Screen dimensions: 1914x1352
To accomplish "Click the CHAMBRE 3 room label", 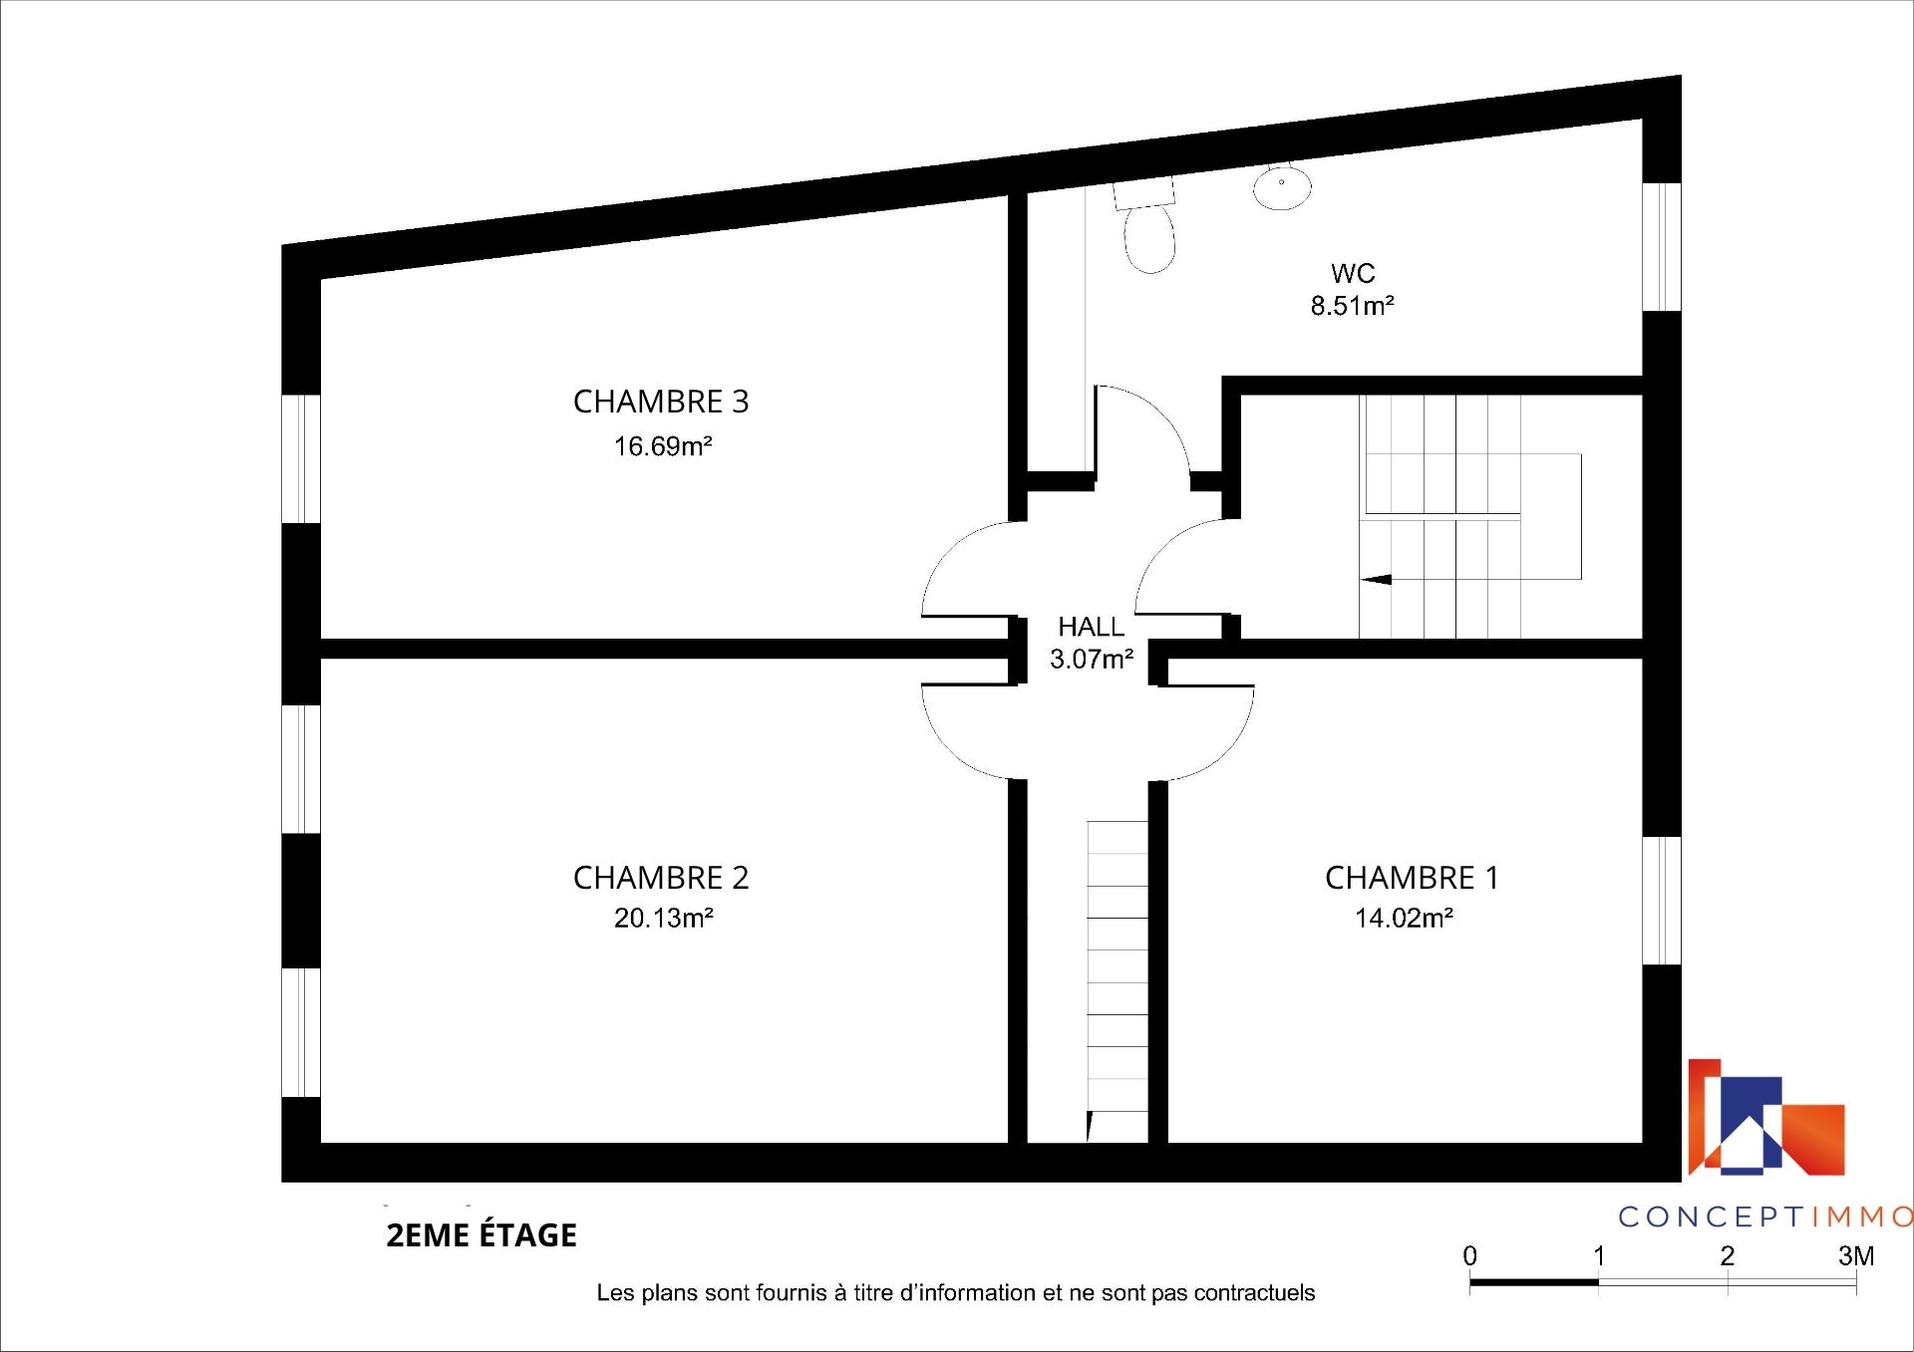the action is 661,402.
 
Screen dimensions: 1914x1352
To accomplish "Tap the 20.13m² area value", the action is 663,918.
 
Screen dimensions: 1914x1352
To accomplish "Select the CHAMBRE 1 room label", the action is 1412,878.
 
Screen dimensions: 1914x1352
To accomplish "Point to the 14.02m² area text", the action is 1404,918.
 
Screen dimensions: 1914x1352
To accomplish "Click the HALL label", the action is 1092,627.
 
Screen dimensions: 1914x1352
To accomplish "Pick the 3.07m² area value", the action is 1092,659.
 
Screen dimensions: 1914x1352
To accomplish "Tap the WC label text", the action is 1353,273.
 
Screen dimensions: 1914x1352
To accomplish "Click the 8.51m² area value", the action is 1352,306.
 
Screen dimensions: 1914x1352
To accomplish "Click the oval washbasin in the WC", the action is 1282,188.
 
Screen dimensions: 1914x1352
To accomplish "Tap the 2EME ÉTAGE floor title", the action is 481,1235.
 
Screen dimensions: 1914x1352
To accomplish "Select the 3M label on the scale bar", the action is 1856,1256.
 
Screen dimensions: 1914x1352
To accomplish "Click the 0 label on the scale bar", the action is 1470,1256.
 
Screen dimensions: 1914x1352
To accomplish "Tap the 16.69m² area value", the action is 663,446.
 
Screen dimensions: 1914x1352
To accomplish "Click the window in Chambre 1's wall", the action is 1662,901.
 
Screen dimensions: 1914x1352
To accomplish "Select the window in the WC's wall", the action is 1662,247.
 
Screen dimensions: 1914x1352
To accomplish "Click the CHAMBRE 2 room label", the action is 661,878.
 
